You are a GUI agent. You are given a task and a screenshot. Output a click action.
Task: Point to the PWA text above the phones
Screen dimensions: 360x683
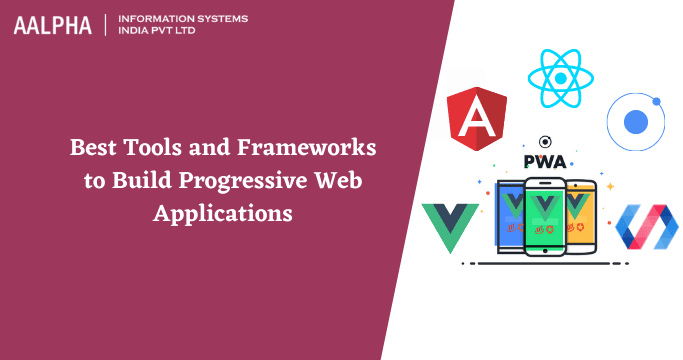[x=546, y=161]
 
